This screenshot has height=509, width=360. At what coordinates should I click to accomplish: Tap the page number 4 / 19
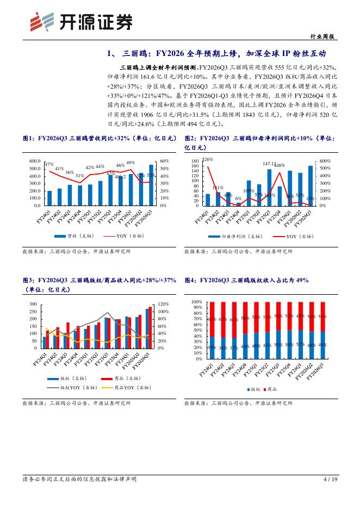(x=330, y=479)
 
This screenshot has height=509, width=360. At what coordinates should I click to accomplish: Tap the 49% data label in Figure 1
(x=131, y=163)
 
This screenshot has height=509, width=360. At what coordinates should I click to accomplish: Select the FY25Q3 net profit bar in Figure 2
(x=269, y=187)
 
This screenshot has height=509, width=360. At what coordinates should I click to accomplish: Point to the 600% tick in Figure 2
(x=325, y=162)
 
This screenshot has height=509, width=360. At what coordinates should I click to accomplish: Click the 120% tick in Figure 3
(x=165, y=304)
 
